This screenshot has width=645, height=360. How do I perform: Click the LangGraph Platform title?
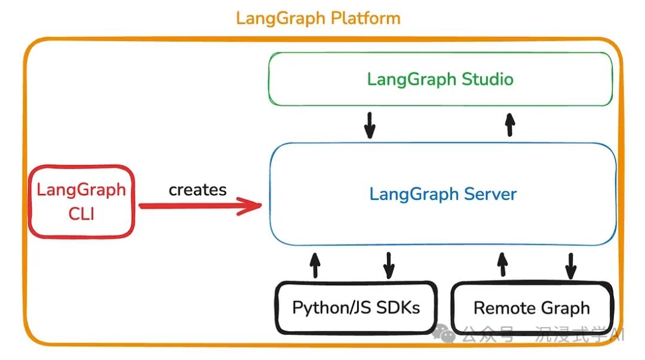318,18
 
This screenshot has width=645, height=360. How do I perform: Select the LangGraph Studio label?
440,79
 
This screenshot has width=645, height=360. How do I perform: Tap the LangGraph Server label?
443,194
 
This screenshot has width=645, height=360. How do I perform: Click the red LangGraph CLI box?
82,202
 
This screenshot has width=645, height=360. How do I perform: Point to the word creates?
198,190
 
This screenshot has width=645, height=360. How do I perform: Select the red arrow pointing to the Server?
200,207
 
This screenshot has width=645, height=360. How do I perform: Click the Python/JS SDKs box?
356,308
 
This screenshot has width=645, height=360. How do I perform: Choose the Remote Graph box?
532,308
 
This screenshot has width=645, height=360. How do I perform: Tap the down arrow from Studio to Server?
370,124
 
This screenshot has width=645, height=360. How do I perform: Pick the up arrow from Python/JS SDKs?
315,264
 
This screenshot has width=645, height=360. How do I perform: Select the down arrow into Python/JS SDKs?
389,264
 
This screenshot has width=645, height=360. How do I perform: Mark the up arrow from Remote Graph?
502,264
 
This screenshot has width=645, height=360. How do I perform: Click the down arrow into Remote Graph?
570,264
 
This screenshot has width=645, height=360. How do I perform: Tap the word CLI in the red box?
82,214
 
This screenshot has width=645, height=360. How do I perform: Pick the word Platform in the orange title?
365,18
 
